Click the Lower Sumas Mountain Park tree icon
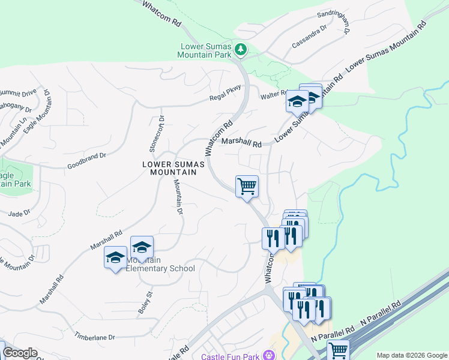[x=241, y=48]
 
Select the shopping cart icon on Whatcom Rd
[x=247, y=187]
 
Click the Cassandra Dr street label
[x=309, y=37]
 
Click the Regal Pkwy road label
[x=225, y=92]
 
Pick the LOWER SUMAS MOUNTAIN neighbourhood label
[x=169, y=168]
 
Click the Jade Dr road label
[x=20, y=214]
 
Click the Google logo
[x=20, y=353]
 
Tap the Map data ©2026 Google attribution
[x=412, y=355]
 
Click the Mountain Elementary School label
[x=161, y=265]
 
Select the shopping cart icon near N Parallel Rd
[x=338, y=350]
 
